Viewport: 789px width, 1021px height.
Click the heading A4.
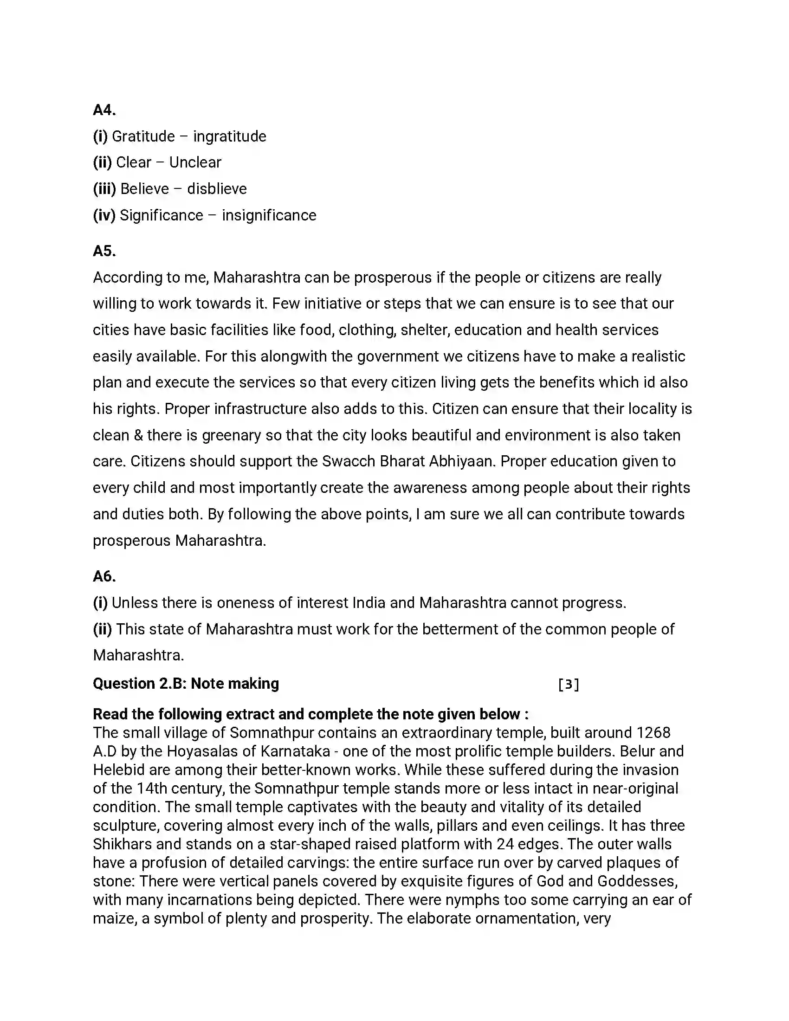(104, 110)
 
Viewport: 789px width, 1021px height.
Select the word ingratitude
(229, 136)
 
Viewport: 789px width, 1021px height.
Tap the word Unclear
(195, 163)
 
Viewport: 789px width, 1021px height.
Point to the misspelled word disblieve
(217, 189)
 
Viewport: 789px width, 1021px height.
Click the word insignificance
(269, 215)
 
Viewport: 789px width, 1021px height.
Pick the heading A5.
(104, 251)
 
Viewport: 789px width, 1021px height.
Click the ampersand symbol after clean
(138, 435)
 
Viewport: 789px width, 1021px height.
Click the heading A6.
(104, 576)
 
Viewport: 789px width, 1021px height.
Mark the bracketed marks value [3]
(569, 685)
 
